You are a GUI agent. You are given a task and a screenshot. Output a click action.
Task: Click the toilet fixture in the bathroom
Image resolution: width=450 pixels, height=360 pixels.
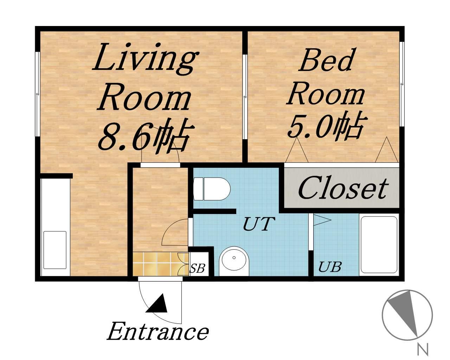click(212, 189)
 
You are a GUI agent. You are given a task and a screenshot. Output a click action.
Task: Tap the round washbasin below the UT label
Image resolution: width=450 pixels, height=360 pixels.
click(234, 262)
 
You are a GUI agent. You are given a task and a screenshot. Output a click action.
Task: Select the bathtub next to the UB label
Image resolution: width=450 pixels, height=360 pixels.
click(379, 245)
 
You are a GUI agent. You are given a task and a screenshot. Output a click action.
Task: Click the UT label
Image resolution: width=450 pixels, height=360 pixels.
click(259, 224)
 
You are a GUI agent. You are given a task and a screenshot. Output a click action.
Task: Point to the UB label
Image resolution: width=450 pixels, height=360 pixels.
click(330, 267)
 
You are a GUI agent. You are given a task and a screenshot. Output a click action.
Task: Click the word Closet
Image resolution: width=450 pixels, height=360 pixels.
click(343, 189)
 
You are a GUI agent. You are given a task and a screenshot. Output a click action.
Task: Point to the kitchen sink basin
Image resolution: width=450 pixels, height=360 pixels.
click(55, 250)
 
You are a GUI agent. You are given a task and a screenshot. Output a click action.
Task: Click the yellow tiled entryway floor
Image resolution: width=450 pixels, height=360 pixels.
click(161, 264)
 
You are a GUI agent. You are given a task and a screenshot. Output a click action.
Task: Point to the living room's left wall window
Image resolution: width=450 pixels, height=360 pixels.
click(37, 94)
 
